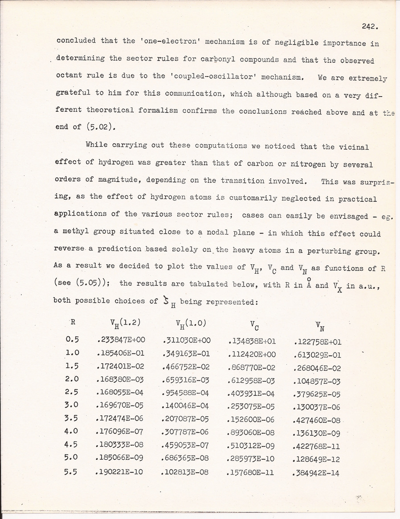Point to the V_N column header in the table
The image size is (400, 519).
click(x=318, y=327)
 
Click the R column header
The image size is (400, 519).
click(x=73, y=322)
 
